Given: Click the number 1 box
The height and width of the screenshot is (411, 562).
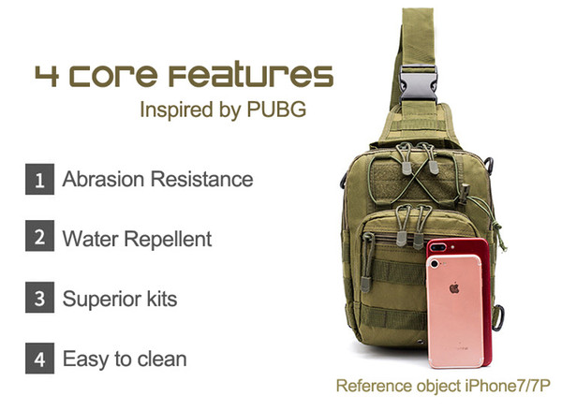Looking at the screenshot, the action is point(39,179).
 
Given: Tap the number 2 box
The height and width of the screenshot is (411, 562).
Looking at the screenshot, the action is point(39,236).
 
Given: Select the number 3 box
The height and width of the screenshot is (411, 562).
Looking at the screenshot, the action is point(39,297).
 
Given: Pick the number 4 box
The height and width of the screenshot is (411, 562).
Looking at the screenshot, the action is point(39,358).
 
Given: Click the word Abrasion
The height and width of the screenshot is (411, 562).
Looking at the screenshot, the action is point(103,179).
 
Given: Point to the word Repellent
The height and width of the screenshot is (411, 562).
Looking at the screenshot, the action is point(168,239).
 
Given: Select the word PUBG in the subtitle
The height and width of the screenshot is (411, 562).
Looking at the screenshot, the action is point(276,109).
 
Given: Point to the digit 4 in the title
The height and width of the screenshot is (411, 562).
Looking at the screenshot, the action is point(47,76).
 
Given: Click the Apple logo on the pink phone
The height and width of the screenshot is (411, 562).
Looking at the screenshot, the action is point(454,287).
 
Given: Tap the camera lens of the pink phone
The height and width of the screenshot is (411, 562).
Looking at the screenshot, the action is point(435,264).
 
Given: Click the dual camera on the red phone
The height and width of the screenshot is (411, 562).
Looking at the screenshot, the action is point(438,247).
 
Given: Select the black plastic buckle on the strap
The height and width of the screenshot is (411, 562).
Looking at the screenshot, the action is point(419,84).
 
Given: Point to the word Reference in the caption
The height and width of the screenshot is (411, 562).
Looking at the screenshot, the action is point(374,387).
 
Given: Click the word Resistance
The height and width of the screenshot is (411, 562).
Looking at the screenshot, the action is point(201,179).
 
